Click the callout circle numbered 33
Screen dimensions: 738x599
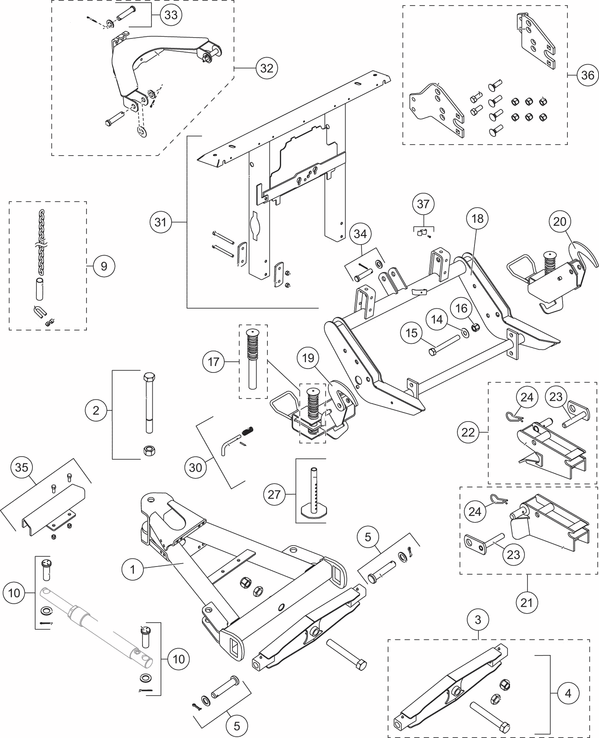(x=171, y=15)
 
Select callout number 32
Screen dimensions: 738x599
(x=267, y=68)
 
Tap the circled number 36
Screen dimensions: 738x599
(x=587, y=75)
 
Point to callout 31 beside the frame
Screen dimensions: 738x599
(x=160, y=222)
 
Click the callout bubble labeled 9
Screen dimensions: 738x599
(x=104, y=266)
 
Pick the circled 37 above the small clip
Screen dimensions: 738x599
(x=423, y=204)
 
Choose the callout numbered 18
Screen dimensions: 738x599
(x=477, y=218)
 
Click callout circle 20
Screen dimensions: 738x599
(x=560, y=221)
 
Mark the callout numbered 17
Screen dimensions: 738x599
(x=213, y=362)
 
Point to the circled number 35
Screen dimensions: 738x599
(x=21, y=467)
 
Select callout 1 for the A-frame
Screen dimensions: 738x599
(x=133, y=570)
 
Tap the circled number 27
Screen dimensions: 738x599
(x=274, y=495)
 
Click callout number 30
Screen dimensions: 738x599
(x=195, y=467)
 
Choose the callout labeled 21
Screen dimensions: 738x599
(x=527, y=602)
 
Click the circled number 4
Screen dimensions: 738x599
(x=568, y=693)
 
